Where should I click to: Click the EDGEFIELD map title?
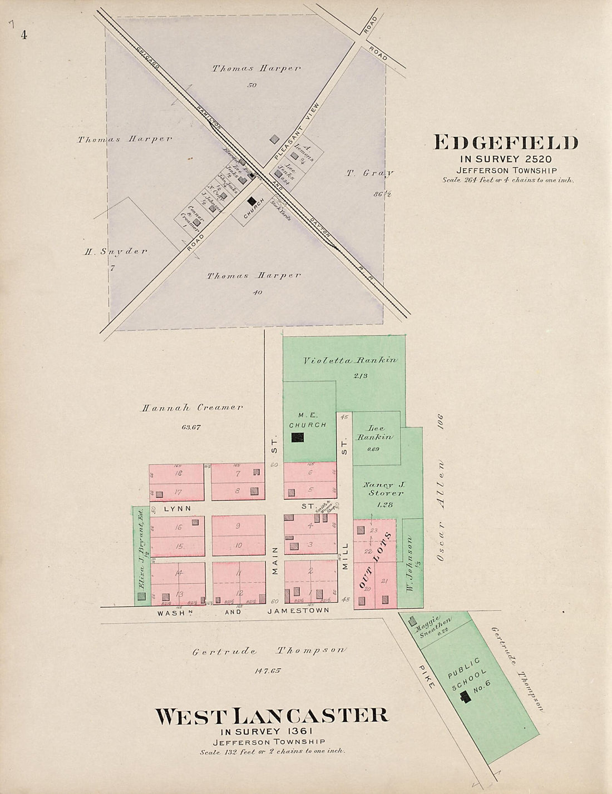[505, 143]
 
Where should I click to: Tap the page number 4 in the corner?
[24, 35]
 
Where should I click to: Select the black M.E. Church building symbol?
[298, 437]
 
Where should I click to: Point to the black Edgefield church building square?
[252, 201]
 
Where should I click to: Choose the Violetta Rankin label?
[350, 360]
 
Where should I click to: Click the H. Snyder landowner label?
[116, 251]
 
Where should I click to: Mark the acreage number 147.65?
[268, 671]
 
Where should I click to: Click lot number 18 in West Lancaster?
[178, 473]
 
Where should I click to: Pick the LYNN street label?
[177, 508]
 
